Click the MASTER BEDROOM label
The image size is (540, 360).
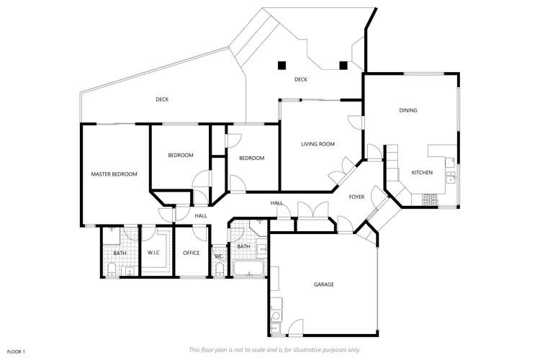tap(114, 174)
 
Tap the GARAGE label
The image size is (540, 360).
tap(324, 284)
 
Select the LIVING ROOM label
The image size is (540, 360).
tap(318, 144)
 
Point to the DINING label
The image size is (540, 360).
tap(408, 110)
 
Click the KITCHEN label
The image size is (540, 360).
tap(422, 173)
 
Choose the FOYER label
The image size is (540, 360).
tap(356, 197)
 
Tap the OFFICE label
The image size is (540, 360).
tap(191, 253)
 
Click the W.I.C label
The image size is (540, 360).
tap(153, 253)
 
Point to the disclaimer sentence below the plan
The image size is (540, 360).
tap(274, 349)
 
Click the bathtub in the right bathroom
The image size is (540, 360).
tap(249, 269)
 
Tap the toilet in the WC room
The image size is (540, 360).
tap(219, 269)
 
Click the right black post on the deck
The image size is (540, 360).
tap(343, 65)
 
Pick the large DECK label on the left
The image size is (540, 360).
tap(162, 99)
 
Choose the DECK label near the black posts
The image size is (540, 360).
tap(301, 79)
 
